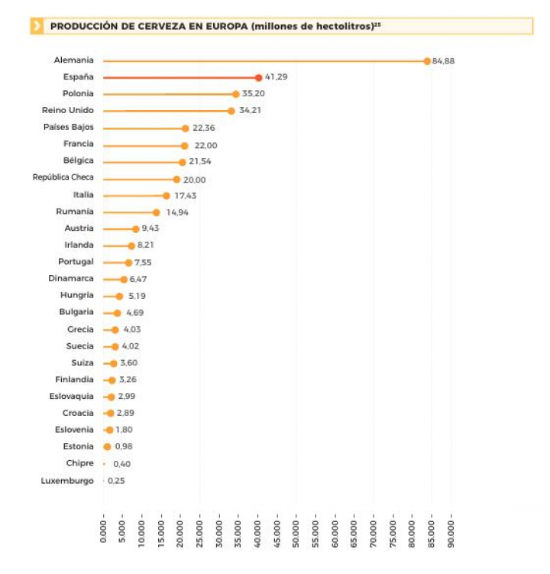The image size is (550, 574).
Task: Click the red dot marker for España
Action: click(x=258, y=77)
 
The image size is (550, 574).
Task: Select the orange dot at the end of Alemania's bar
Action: click(x=427, y=60)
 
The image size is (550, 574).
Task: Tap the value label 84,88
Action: click(x=443, y=61)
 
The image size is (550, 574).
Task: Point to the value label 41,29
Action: click(x=276, y=77)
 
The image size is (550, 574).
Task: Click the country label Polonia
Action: click(x=79, y=93)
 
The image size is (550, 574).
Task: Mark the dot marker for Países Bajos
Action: click(x=185, y=128)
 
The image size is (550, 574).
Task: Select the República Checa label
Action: click(x=63, y=177)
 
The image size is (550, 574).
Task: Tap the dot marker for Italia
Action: click(x=166, y=196)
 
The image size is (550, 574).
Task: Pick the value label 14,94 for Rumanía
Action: click(x=177, y=212)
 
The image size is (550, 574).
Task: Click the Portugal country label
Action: click(x=76, y=261)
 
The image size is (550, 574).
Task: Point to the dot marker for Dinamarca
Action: click(x=124, y=280)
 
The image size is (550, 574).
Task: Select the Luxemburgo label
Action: click(x=67, y=481)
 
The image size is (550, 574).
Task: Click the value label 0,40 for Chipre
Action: click(x=121, y=464)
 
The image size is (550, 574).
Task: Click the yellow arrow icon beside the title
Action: click(x=37, y=26)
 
